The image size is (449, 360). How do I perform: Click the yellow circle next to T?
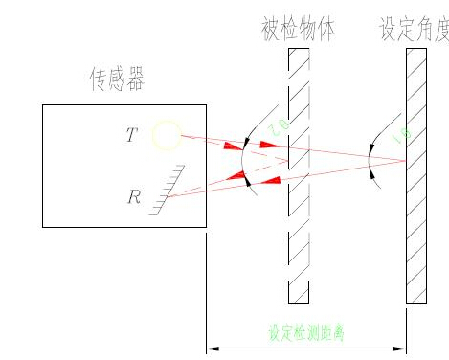click(x=167, y=135)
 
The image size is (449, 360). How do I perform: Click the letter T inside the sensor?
click(x=131, y=135)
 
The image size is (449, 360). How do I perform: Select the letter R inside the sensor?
click(x=134, y=198)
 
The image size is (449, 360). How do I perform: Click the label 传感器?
click(x=117, y=81)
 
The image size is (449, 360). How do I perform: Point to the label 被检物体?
click(x=299, y=28)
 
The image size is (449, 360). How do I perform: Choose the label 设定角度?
click(x=415, y=28)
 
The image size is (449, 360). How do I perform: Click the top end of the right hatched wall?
click(x=416, y=50)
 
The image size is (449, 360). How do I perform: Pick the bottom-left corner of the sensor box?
click(x=43, y=227)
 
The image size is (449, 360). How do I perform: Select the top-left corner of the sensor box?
click(x=43, y=104)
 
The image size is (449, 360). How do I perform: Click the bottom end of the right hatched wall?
click(x=416, y=302)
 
